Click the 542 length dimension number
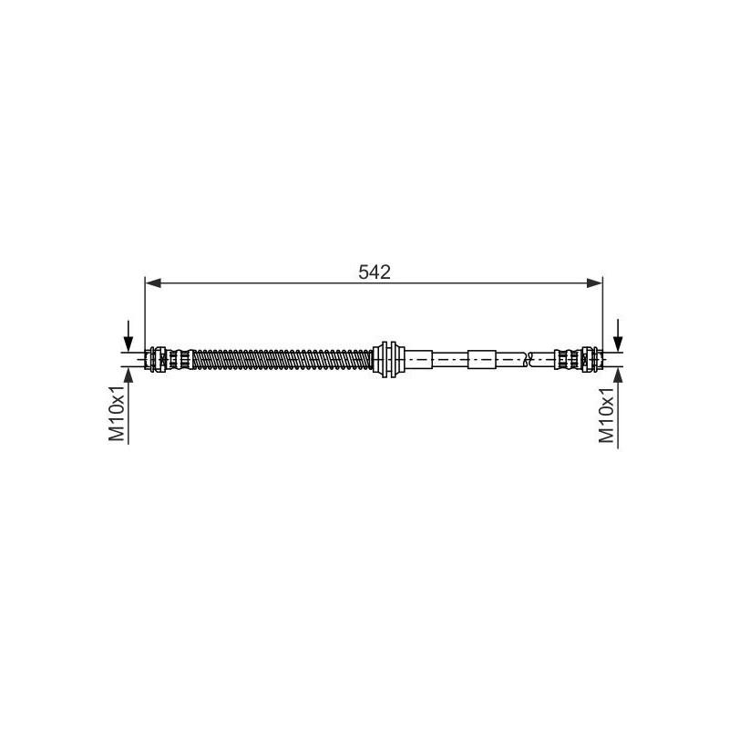tap(375, 272)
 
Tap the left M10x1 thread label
tap(117, 413)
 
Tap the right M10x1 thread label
tap(606, 416)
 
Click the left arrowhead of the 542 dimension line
tap(153, 283)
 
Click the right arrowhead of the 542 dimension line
tap(594, 283)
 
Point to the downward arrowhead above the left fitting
tap(128, 344)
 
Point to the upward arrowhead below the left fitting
tap(128, 375)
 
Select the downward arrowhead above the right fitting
tap(618, 344)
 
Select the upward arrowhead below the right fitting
tap(618, 375)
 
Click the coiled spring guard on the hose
tap(282, 359)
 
